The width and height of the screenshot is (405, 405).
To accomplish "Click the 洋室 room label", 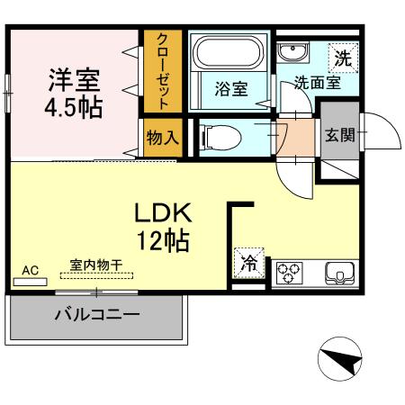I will pos(75,78).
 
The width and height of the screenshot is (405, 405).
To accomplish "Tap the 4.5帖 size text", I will pos(75,108).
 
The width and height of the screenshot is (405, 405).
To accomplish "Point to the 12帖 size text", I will pos(162,240).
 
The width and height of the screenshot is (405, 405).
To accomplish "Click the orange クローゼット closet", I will pos(162,72).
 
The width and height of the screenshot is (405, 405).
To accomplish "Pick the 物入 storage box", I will pos(162,138).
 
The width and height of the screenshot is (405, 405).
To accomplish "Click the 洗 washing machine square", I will pos(342,56).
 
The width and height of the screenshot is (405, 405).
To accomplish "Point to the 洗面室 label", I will pos(317,84).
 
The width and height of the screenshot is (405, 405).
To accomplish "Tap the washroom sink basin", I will pos(290,50).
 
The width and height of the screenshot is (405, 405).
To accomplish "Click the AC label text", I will pos(30,269).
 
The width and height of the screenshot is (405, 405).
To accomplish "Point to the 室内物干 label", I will pos(96,266).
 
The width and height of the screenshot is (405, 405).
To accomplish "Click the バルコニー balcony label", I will pos(96,315).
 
